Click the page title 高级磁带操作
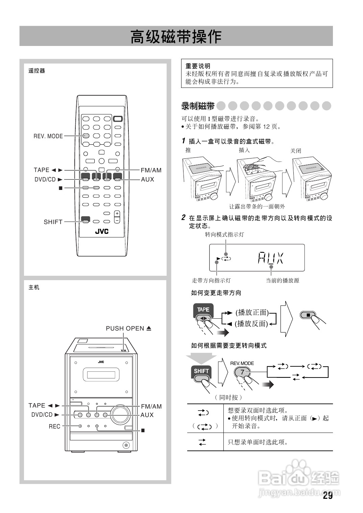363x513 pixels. point(176,36)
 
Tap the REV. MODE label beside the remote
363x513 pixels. point(48,136)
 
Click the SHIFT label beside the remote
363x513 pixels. point(53,222)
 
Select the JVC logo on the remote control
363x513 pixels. point(101,231)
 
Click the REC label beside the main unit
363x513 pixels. point(54,426)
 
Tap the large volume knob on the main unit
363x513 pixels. point(120,414)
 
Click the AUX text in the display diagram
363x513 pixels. point(270,258)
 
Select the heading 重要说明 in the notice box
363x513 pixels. point(198,66)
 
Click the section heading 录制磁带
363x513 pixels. point(198,106)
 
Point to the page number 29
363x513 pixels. point(328,496)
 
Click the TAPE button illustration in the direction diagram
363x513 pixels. point(203,311)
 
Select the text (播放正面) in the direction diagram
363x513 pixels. point(252,313)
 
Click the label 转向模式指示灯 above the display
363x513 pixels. point(224,235)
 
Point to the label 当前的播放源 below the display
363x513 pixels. point(282,280)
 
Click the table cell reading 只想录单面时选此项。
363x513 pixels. point(258,442)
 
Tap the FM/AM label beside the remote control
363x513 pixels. point(151,170)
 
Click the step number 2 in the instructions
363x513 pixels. point(184,218)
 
